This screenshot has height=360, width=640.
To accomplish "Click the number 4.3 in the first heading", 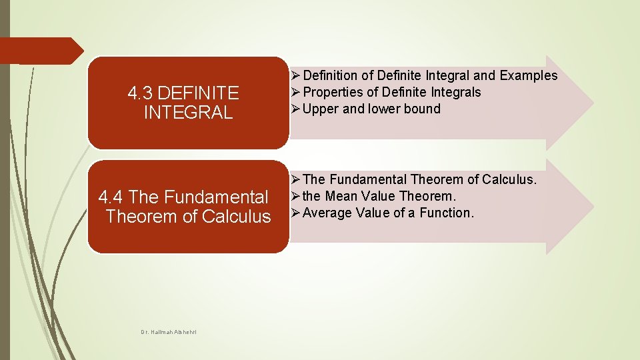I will [141, 92].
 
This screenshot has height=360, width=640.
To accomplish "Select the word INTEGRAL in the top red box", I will [189, 112].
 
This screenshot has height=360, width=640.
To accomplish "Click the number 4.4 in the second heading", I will [111, 197].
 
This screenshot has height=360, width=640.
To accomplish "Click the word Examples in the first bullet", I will [528, 76].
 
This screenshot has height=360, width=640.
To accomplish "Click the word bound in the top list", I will [422, 109].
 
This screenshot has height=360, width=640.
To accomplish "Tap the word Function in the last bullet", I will [446, 213].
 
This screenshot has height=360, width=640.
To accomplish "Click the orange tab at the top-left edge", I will [40, 51].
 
